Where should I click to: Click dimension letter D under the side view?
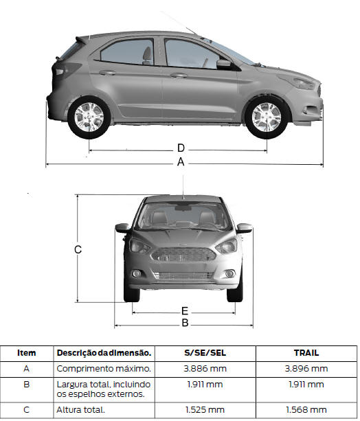(x=181, y=148)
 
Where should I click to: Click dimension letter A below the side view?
(x=181, y=162)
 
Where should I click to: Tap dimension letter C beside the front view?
(x=78, y=250)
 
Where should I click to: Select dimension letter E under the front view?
(x=185, y=311)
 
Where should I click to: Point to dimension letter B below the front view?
(x=185, y=323)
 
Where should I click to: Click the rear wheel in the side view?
(x=89, y=117)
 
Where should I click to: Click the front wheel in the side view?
(x=267, y=117)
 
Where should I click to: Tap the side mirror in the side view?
(x=224, y=64)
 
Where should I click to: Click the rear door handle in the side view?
(x=107, y=73)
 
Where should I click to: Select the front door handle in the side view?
(x=179, y=75)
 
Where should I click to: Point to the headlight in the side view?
(x=300, y=82)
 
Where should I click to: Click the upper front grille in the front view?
(x=183, y=255)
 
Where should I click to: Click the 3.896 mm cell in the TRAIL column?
(x=306, y=369)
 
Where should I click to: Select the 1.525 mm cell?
(x=205, y=410)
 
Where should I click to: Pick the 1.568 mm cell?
(x=306, y=410)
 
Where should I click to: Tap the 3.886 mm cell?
(x=205, y=369)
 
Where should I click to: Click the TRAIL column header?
(x=306, y=353)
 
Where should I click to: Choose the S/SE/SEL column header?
(x=205, y=353)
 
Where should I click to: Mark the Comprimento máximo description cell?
(x=104, y=369)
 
